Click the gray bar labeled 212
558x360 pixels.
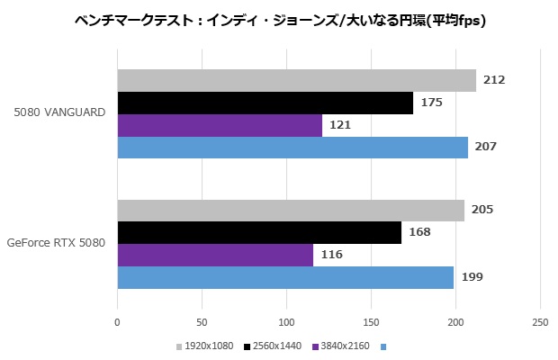pyautogui.click(x=296, y=80)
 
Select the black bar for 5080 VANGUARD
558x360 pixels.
pyautogui.click(x=265, y=103)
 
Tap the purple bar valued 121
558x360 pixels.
pyautogui.click(x=220, y=125)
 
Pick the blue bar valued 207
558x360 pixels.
pyautogui.click(x=292, y=147)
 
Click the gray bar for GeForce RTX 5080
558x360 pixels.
pyautogui.click(x=291, y=210)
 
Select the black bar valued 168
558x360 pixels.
pyautogui.click(x=259, y=232)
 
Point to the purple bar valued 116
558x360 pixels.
pyautogui.click(x=215, y=255)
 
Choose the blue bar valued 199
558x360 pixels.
pyautogui.click(x=285, y=276)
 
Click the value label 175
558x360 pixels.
pyautogui.click(x=431, y=103)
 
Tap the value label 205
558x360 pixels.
pyautogui.click(x=482, y=210)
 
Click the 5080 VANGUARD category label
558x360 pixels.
pyautogui.click(x=60, y=112)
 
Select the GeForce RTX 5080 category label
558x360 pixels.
pyautogui.click(x=55, y=242)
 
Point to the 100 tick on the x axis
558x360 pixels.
pyautogui.click(x=286, y=321)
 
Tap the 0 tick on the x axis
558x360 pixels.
pyautogui.click(x=118, y=321)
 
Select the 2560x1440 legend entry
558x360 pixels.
pyautogui.click(x=274, y=346)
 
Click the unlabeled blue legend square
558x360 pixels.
pyautogui.click(x=384, y=346)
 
